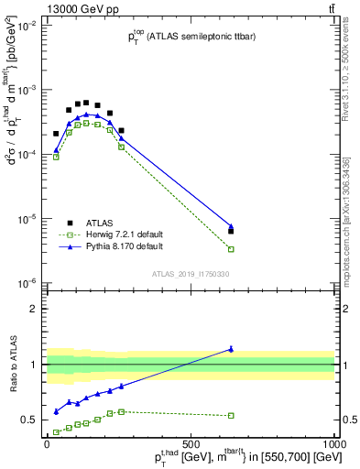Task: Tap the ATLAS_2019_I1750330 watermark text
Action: (x=191, y=274)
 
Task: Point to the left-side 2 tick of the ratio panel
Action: (x=36, y=309)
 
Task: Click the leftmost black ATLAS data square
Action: (x=56, y=134)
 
